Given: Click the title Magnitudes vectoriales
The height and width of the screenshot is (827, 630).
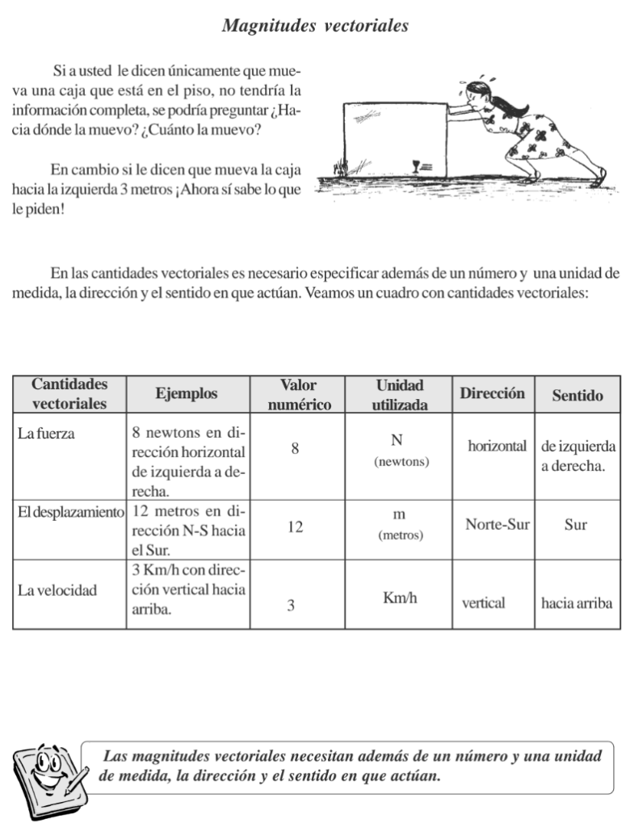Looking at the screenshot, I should coord(315,27).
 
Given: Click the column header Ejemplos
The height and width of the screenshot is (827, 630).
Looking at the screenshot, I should coord(187,394).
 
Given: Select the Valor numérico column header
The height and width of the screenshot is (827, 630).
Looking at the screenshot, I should coord(299,395).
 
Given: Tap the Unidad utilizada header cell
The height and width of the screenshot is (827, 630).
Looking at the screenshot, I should coord(400,395).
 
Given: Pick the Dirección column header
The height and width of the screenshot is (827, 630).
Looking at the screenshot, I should coord(492,394).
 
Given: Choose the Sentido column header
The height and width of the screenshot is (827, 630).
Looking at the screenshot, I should coord(577,396).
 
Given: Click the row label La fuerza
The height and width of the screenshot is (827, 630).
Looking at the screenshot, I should coord(46,434).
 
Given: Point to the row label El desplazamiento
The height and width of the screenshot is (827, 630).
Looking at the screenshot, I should coord(70,512).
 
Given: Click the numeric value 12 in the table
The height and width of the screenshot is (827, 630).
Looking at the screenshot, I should coord(295,527).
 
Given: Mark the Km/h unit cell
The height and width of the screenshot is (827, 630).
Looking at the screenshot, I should coord(400,598).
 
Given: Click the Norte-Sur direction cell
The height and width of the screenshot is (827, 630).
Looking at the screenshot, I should coord(497,525).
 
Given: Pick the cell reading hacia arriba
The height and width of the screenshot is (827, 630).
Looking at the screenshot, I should coord(577,603).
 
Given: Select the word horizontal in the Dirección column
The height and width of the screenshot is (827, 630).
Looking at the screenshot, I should coord(497,446).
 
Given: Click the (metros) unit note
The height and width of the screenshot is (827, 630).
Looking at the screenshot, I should coord(400,535).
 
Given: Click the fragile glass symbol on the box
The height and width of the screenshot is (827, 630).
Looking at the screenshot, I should coord(417,166).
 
